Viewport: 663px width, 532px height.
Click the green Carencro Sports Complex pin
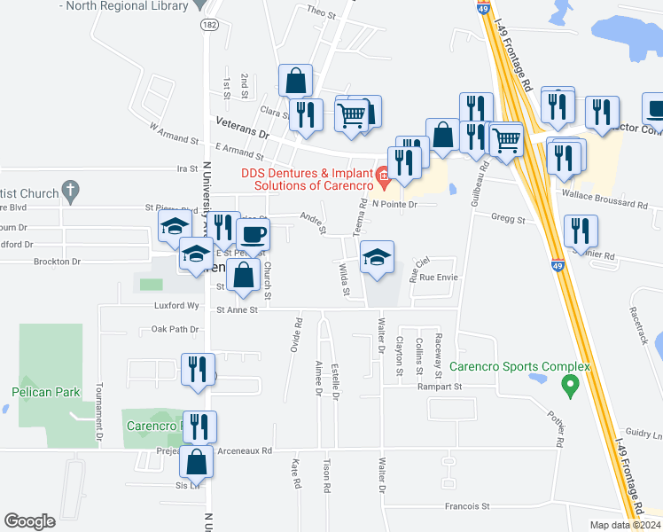(x=571, y=385)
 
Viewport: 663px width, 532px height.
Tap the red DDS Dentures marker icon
(x=383, y=176)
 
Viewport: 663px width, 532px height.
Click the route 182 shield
(x=207, y=26)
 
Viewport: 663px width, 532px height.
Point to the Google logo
(x=29, y=521)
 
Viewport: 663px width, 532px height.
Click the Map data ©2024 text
(x=625, y=525)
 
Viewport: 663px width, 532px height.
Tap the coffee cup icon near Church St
(x=253, y=234)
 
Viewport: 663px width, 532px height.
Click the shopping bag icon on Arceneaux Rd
(x=197, y=461)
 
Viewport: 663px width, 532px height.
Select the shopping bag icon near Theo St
(x=295, y=80)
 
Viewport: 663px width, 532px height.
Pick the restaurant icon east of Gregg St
(x=581, y=231)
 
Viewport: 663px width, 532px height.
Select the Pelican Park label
(x=45, y=392)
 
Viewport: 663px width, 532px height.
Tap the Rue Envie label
(x=440, y=278)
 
